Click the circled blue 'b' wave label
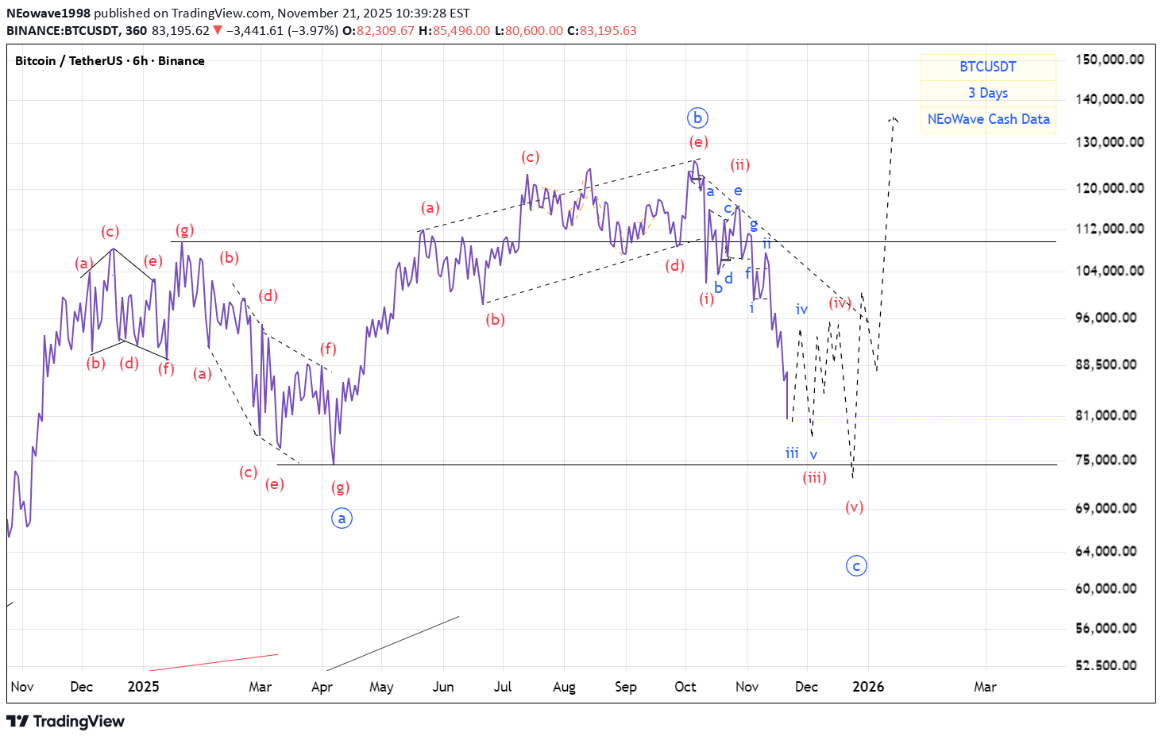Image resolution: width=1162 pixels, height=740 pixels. pyautogui.click(x=697, y=118)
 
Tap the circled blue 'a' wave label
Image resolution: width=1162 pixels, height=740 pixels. pyautogui.click(x=342, y=518)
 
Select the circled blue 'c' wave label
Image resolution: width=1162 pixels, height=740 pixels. pyautogui.click(x=856, y=566)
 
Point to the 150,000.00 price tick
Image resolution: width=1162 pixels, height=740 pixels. pyautogui.click(x=1109, y=60)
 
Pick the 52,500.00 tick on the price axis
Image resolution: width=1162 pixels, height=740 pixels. pyautogui.click(x=1106, y=665)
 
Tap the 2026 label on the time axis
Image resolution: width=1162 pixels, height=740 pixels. pyautogui.click(x=868, y=687)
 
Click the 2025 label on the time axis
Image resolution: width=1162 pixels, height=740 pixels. pyautogui.click(x=143, y=687)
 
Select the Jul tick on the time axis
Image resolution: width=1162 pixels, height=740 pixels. pyautogui.click(x=503, y=687)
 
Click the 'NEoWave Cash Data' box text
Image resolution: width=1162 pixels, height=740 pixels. pyautogui.click(x=988, y=119)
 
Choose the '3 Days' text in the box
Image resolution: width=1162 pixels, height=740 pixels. pyautogui.click(x=988, y=93)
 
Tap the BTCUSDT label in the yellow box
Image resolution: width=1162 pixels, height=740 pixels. pyautogui.click(x=988, y=67)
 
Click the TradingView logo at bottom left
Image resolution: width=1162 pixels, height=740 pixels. pyautogui.click(x=66, y=721)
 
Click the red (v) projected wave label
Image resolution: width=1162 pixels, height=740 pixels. pyautogui.click(x=854, y=507)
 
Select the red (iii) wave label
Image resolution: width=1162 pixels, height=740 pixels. pyautogui.click(x=814, y=477)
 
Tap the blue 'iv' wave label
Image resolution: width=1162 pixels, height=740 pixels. pyautogui.click(x=801, y=310)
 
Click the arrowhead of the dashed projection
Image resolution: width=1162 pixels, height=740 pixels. pyautogui.click(x=894, y=119)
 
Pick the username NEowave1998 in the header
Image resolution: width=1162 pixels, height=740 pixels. pyautogui.click(x=48, y=13)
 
